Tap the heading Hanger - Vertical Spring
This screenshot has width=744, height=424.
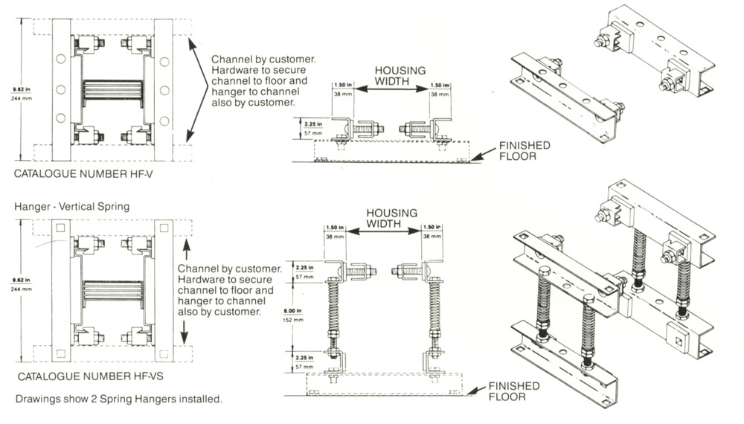[x=71, y=207]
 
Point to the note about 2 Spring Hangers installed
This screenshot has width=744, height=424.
[x=118, y=399]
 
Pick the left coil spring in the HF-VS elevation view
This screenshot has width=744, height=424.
[x=336, y=312]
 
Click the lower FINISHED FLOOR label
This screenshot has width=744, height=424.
[x=514, y=391]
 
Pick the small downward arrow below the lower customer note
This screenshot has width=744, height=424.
[x=186, y=328]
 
